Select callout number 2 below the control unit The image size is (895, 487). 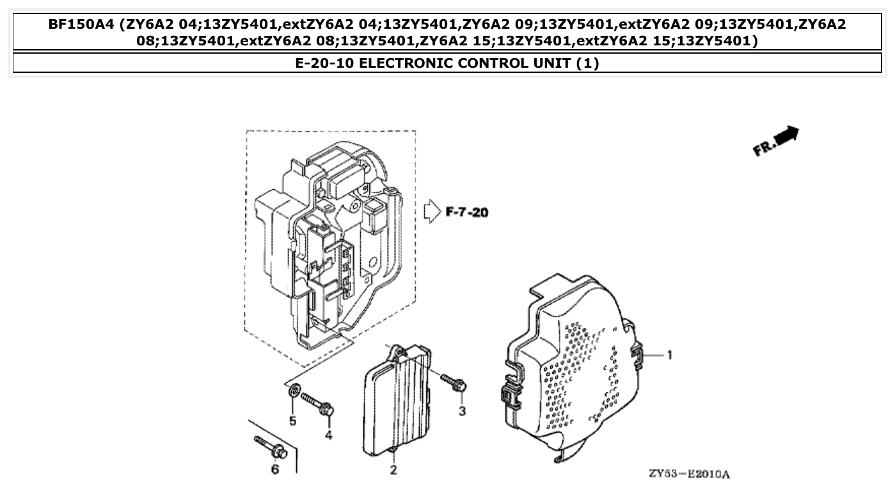click(393, 470)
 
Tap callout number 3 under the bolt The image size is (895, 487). click(462, 412)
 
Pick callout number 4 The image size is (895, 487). click(328, 435)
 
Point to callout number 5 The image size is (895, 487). click(292, 421)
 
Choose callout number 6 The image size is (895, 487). click(276, 470)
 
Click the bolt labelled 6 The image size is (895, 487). click(269, 447)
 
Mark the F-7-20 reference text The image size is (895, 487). click(466, 212)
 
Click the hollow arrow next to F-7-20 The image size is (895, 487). click(432, 210)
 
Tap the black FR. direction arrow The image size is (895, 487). click(786, 135)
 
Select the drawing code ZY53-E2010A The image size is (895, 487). click(689, 474)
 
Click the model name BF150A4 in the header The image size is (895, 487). click(82, 25)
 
